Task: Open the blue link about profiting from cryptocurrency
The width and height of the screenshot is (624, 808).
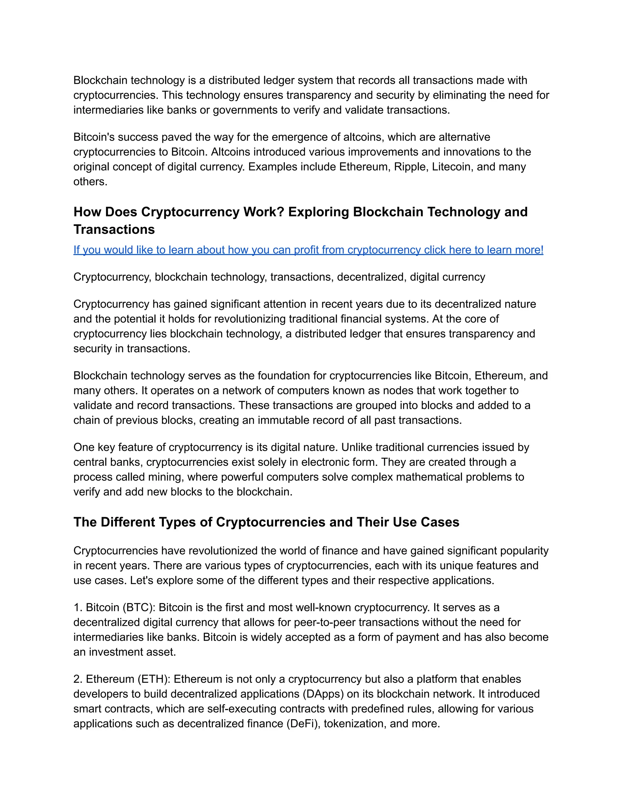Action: [x=308, y=250]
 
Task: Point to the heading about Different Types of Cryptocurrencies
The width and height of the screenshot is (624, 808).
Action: [x=266, y=522]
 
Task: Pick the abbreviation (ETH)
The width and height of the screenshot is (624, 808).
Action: [x=154, y=679]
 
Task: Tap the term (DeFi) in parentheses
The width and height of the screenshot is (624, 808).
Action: [x=303, y=724]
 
